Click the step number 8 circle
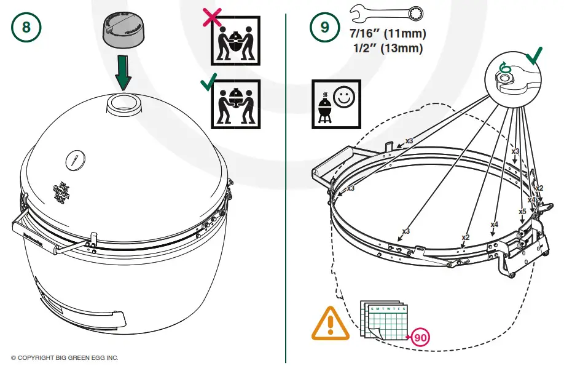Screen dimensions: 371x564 (26, 27)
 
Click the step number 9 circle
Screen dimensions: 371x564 (324, 27)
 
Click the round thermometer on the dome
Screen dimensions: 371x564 (74, 160)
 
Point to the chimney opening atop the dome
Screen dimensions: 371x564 (123, 103)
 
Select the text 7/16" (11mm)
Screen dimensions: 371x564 (387, 33)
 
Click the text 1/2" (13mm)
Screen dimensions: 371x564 (387, 48)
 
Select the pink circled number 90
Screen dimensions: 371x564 (420, 337)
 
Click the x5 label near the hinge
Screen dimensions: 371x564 (522, 212)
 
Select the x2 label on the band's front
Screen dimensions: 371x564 (465, 237)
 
